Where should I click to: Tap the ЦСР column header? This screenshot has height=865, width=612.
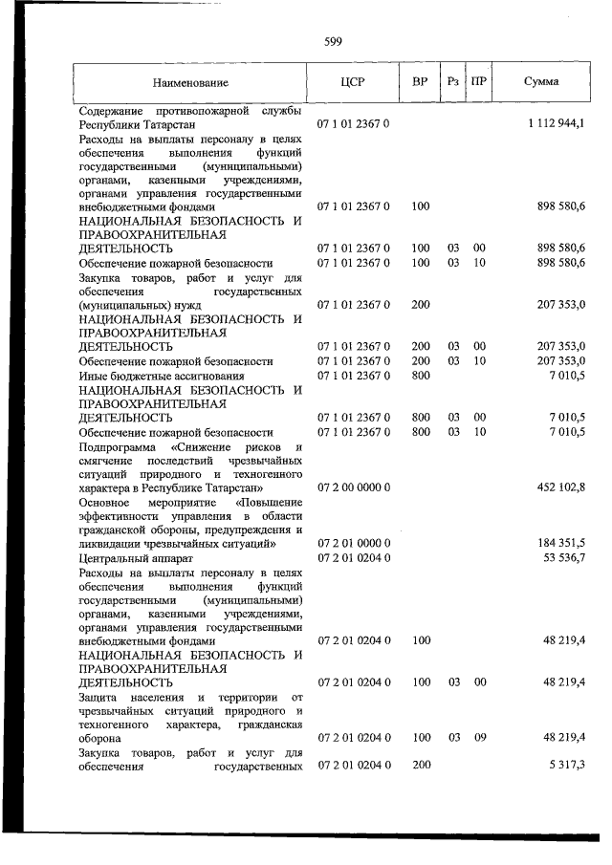point(353,82)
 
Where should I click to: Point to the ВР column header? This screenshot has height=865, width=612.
point(420,82)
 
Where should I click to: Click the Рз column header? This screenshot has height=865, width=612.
point(453,82)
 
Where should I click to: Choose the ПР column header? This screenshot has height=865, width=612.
point(479,82)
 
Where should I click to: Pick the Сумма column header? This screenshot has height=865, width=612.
point(541,82)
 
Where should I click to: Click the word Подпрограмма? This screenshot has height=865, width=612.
point(120,446)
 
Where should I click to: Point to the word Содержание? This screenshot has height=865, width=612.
point(114,110)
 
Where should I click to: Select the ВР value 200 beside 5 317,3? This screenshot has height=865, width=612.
point(420,766)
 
